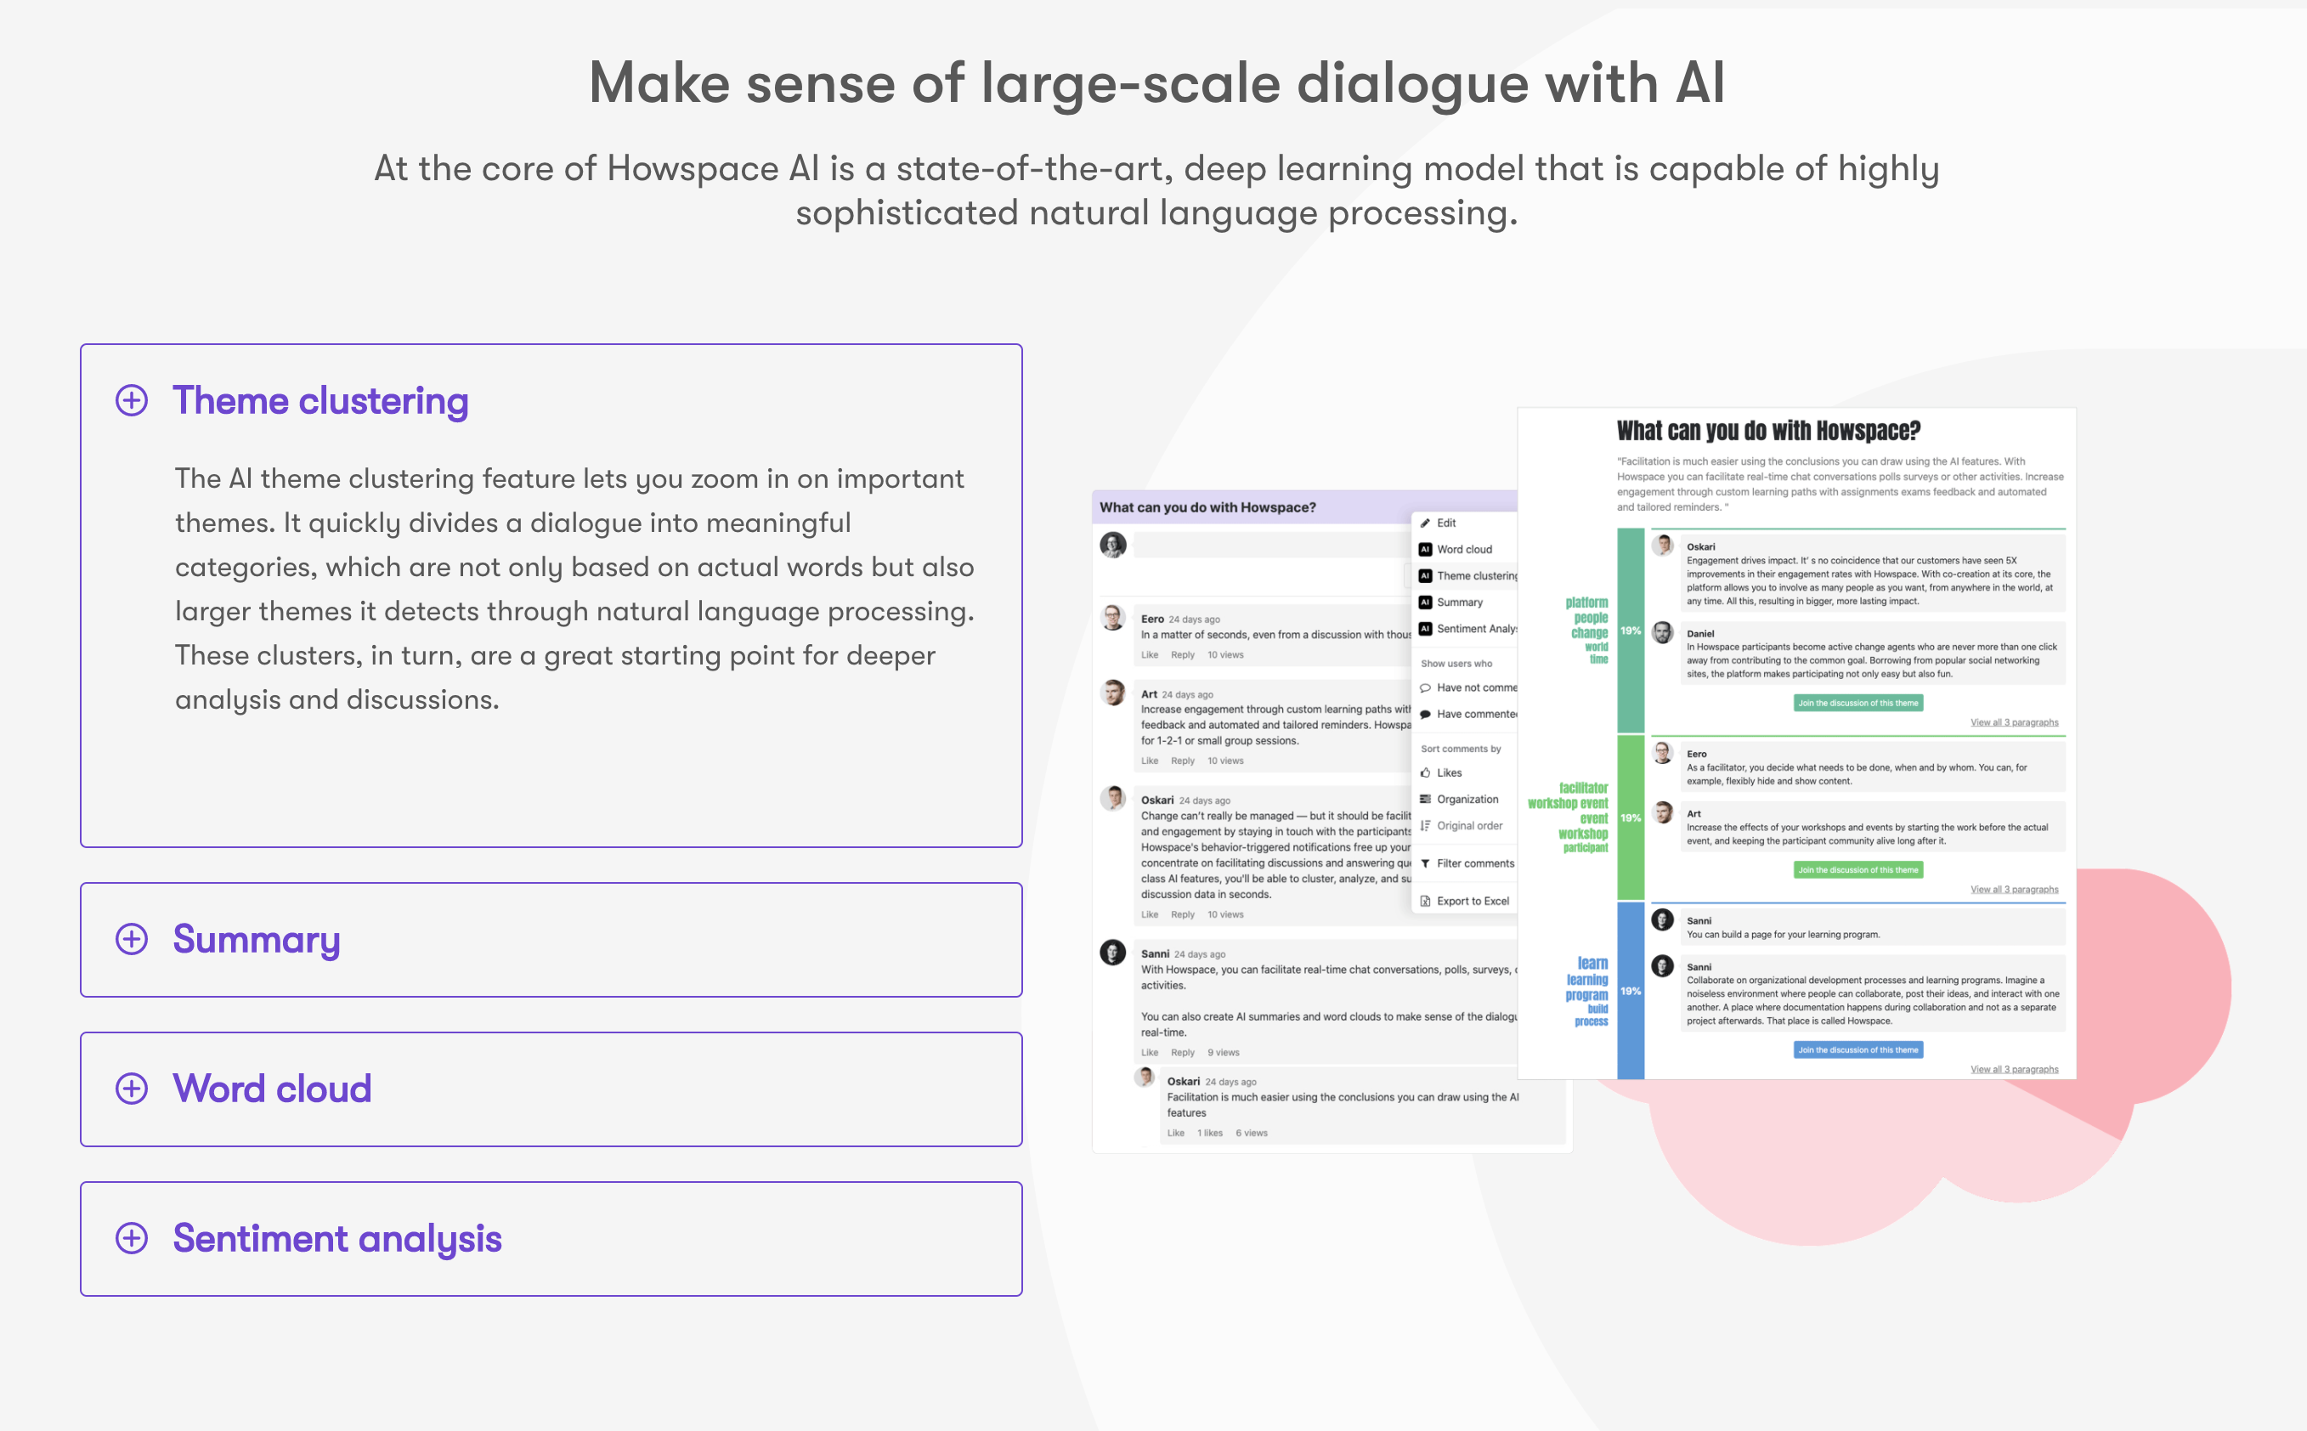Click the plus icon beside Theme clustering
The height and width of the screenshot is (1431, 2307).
pyautogui.click(x=132, y=400)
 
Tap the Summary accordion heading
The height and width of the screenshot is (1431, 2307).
pyautogui.click(x=257, y=939)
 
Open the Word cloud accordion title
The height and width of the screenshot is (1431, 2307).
pyautogui.click(x=272, y=1089)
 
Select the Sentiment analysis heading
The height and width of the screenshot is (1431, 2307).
pyautogui.click(x=336, y=1238)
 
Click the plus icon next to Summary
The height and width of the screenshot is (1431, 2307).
pyautogui.click(x=132, y=939)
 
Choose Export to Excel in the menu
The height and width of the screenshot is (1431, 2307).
pyautogui.click(x=1472, y=901)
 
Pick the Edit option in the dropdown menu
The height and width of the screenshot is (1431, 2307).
pyautogui.click(x=1446, y=523)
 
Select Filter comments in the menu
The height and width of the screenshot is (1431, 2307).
pyautogui.click(x=1474, y=863)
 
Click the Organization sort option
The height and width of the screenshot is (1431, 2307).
pyautogui.click(x=1467, y=799)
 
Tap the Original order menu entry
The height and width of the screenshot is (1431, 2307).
pyautogui.click(x=1468, y=825)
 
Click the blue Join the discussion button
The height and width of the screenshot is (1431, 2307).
pyautogui.click(x=1857, y=1049)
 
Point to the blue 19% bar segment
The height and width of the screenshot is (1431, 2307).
pyautogui.click(x=1631, y=991)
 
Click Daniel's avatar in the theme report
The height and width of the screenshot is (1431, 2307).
pyautogui.click(x=1663, y=633)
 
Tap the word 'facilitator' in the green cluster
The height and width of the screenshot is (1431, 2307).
pyautogui.click(x=1583, y=788)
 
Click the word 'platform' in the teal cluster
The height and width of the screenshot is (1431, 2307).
pyautogui.click(x=1586, y=602)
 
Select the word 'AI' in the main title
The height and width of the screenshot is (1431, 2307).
pyautogui.click(x=1699, y=83)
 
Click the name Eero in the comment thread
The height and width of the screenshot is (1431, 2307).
pyautogui.click(x=1151, y=619)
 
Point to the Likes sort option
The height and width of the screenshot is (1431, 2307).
pyautogui.click(x=1449, y=772)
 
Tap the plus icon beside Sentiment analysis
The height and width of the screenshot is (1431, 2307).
pyautogui.click(x=132, y=1238)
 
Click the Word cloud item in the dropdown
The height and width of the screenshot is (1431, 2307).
pyautogui.click(x=1464, y=549)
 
